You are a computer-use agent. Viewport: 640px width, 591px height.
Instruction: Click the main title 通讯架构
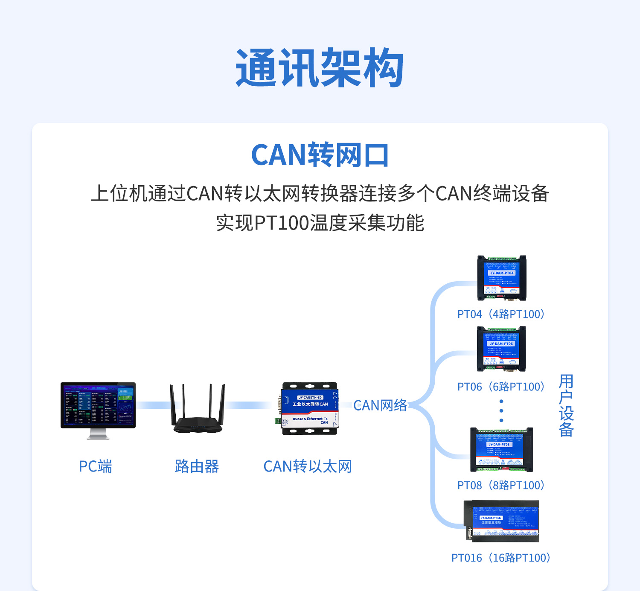click(x=320, y=68)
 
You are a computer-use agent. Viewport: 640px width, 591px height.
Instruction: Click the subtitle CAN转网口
click(x=320, y=155)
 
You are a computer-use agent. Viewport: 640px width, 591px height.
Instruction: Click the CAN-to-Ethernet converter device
click(x=310, y=409)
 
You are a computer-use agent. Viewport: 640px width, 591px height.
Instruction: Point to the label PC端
click(x=95, y=466)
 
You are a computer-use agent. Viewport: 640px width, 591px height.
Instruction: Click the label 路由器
click(x=197, y=466)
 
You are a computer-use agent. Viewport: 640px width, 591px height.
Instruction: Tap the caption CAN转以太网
click(x=308, y=466)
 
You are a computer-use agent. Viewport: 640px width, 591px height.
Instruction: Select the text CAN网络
click(x=380, y=405)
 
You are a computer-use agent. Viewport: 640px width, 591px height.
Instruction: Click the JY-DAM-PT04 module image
click(x=502, y=278)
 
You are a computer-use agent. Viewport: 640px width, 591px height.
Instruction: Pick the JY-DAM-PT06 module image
click(x=501, y=349)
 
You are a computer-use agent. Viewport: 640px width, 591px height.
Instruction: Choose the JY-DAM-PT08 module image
click(x=501, y=450)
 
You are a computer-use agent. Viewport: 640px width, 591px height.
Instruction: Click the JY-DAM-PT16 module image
click(x=502, y=521)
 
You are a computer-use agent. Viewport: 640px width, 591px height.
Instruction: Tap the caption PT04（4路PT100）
click(x=501, y=314)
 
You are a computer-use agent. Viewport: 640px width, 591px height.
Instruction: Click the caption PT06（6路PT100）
click(x=501, y=387)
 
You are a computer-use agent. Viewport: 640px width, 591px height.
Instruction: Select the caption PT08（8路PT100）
click(x=501, y=486)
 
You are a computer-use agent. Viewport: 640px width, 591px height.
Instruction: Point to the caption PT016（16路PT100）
click(x=501, y=558)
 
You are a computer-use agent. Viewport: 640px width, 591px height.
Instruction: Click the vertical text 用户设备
click(x=566, y=405)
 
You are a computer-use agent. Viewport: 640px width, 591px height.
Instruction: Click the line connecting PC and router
click(x=153, y=405)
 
